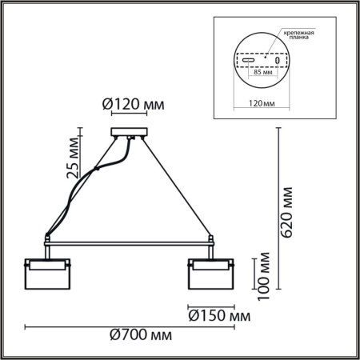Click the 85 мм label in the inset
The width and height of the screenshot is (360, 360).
pos(261,72)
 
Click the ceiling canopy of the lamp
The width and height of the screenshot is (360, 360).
pos(129,134)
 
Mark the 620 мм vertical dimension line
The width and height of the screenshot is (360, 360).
pos(277,208)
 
